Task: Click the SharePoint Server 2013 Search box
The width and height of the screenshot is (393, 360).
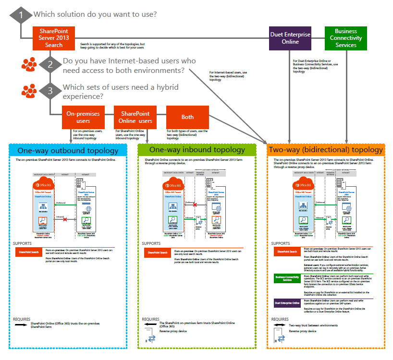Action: tap(54, 38)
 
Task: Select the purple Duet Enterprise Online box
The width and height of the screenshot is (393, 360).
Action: tap(289, 38)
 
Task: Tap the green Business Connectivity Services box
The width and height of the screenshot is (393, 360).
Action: tap(346, 38)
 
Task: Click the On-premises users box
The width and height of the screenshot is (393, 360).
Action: tap(83, 118)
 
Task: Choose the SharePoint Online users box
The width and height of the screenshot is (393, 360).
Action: tap(135, 118)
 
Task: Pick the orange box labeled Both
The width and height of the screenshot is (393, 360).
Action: tap(187, 117)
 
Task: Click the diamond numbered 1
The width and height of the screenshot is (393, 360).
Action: tap(21, 14)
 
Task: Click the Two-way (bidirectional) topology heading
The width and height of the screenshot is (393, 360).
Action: tap(326, 150)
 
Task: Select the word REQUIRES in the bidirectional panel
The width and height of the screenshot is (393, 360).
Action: tap(280, 319)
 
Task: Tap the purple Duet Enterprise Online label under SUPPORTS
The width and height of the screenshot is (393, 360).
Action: tap(287, 303)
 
